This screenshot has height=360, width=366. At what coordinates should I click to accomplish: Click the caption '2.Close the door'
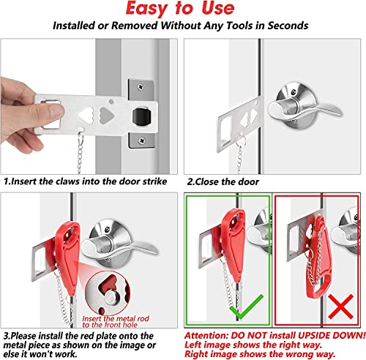(224, 181)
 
